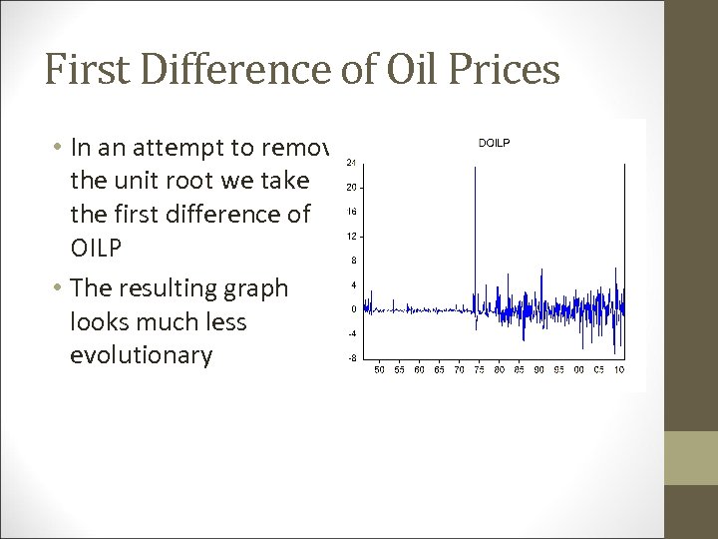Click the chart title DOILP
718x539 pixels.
[x=494, y=143]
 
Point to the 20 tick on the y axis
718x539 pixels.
[x=351, y=187]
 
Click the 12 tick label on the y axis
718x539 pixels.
[x=351, y=237]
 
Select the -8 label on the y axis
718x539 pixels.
[x=351, y=357]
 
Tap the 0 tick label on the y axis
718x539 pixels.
[x=353, y=309]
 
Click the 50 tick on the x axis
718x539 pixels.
[x=378, y=370]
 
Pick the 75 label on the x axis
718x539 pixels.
[x=481, y=370]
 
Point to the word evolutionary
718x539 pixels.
[x=141, y=356]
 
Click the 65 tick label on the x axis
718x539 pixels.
[x=440, y=370]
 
